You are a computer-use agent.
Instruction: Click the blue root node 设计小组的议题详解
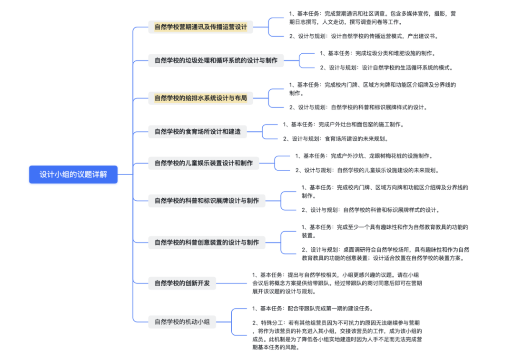[73, 175]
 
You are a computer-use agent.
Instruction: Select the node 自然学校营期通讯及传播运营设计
[200, 27]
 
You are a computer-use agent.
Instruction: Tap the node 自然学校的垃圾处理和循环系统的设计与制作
[216, 60]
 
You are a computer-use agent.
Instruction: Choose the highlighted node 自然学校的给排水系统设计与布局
[200, 98]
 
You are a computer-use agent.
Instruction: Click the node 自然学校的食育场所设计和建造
[198, 131]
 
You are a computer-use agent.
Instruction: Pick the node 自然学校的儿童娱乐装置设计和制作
[204, 163]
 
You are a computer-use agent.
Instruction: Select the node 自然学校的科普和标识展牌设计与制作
[207, 201]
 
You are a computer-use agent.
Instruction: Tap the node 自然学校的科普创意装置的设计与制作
[207, 242]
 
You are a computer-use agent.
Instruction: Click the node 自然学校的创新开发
[182, 283]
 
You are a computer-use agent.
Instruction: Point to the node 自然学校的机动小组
[182, 321]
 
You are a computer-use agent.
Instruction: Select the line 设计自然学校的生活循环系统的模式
[406, 68]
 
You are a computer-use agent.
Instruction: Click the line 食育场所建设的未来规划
[356, 139]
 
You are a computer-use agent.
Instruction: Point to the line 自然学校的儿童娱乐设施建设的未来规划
[387, 170]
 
